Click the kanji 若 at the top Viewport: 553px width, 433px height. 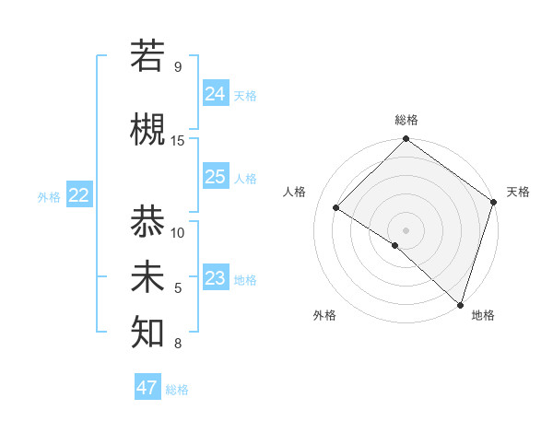pos(147,55)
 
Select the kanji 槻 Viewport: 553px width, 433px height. pos(147,130)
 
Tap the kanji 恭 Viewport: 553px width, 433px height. pos(147,222)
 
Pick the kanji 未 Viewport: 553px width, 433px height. pos(147,277)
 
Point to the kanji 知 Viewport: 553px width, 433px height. pos(147,333)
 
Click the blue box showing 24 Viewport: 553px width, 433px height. pos(216,93)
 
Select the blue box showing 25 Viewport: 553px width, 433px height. pos(216,177)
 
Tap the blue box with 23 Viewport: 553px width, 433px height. pos(216,278)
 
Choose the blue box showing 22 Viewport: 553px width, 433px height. pos(79,195)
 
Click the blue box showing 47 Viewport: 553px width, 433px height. pos(147,388)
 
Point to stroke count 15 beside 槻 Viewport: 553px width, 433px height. pos(178,140)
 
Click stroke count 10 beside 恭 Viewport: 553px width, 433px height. pos(178,232)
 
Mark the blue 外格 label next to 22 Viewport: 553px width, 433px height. pos(49,197)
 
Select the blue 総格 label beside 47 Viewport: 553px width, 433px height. pos(177,390)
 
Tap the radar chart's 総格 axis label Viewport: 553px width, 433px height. pos(406,120)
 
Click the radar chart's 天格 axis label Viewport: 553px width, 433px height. pos(518,192)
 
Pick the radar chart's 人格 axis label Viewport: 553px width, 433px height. pos(295,192)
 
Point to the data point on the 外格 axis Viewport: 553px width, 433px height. pos(394,245)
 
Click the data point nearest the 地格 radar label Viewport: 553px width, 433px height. pos(460,304)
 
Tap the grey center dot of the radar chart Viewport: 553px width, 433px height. pos(406,229)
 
